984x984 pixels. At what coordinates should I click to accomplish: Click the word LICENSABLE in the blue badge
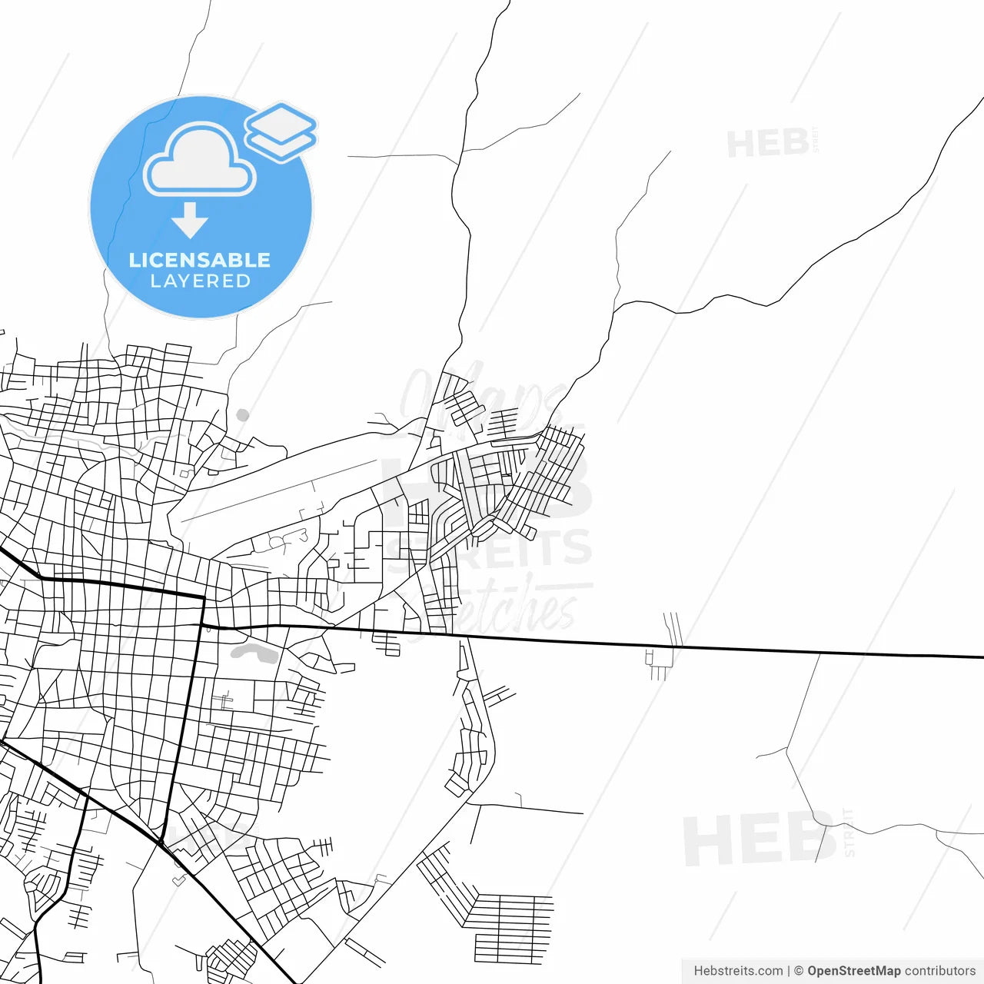click(x=200, y=260)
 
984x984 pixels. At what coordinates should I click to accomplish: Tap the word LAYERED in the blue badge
click(x=200, y=281)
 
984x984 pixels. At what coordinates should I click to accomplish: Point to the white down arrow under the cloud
click(x=190, y=220)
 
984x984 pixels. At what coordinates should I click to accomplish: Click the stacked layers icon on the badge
click(x=281, y=132)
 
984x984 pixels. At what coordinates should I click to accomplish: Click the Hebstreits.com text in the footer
click(x=738, y=971)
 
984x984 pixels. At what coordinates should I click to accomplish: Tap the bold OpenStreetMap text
click(x=854, y=971)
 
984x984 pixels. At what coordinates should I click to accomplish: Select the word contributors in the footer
click(x=939, y=971)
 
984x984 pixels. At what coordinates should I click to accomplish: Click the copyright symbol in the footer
click(x=799, y=971)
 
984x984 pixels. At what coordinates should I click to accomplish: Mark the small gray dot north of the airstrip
click(x=243, y=415)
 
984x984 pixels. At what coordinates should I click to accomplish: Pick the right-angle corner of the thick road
click(x=203, y=597)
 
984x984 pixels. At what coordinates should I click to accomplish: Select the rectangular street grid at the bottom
click(x=511, y=926)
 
